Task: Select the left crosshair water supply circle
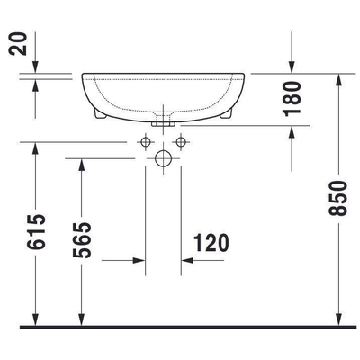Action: [x=144, y=141]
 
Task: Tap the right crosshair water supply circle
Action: [x=180, y=141]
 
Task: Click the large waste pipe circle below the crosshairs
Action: [x=162, y=158]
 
